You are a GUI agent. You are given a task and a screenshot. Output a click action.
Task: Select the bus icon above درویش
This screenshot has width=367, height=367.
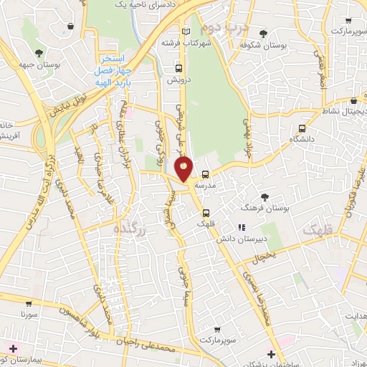[x=178, y=68]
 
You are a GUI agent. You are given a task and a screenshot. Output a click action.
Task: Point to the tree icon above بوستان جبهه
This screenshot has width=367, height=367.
[x=38, y=52]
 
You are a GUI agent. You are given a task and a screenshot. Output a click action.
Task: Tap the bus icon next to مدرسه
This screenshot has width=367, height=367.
[x=206, y=174]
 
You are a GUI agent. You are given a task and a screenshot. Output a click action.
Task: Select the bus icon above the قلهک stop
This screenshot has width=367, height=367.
[x=206, y=213]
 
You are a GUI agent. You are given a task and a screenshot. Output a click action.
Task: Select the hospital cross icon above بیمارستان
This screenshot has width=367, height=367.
[x=13, y=348]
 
